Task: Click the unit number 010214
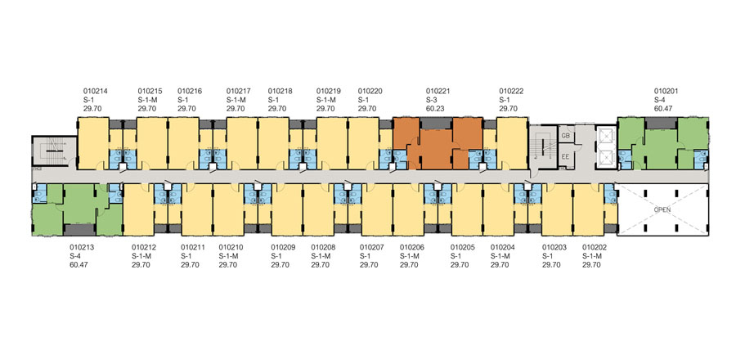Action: tap(96, 91)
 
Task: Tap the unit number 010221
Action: tap(439, 91)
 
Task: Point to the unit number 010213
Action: tap(83, 246)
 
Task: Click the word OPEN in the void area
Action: tap(662, 209)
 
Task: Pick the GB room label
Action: tap(564, 135)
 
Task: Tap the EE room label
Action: tap(564, 155)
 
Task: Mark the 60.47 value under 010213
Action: tap(79, 264)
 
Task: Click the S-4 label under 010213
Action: tap(76, 255)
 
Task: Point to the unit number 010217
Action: tap(239, 91)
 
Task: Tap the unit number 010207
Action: tap(372, 246)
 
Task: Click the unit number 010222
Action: tap(511, 91)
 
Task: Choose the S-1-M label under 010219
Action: tap(330, 99)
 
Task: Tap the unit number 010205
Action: tap(463, 246)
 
